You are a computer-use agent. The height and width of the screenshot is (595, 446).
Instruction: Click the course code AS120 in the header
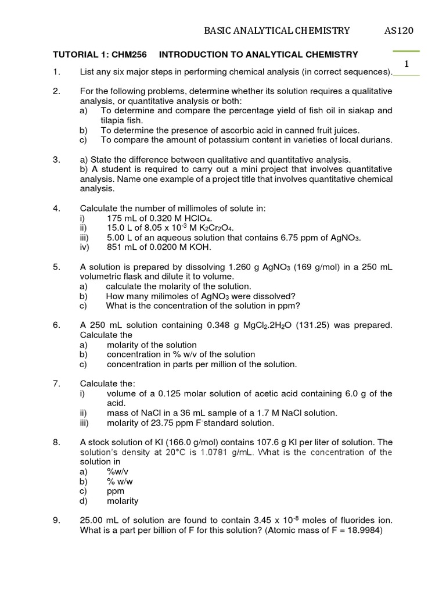click(x=401, y=31)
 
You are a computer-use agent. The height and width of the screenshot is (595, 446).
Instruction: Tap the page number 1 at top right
click(x=407, y=63)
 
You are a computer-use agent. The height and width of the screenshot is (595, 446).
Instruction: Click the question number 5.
click(x=56, y=267)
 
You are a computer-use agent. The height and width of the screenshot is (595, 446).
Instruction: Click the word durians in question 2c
click(x=376, y=139)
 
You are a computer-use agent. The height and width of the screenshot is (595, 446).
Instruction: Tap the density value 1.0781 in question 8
click(x=231, y=452)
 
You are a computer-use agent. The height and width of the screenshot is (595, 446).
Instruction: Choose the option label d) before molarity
click(x=84, y=501)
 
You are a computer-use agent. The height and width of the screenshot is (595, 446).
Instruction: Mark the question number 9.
click(x=56, y=521)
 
